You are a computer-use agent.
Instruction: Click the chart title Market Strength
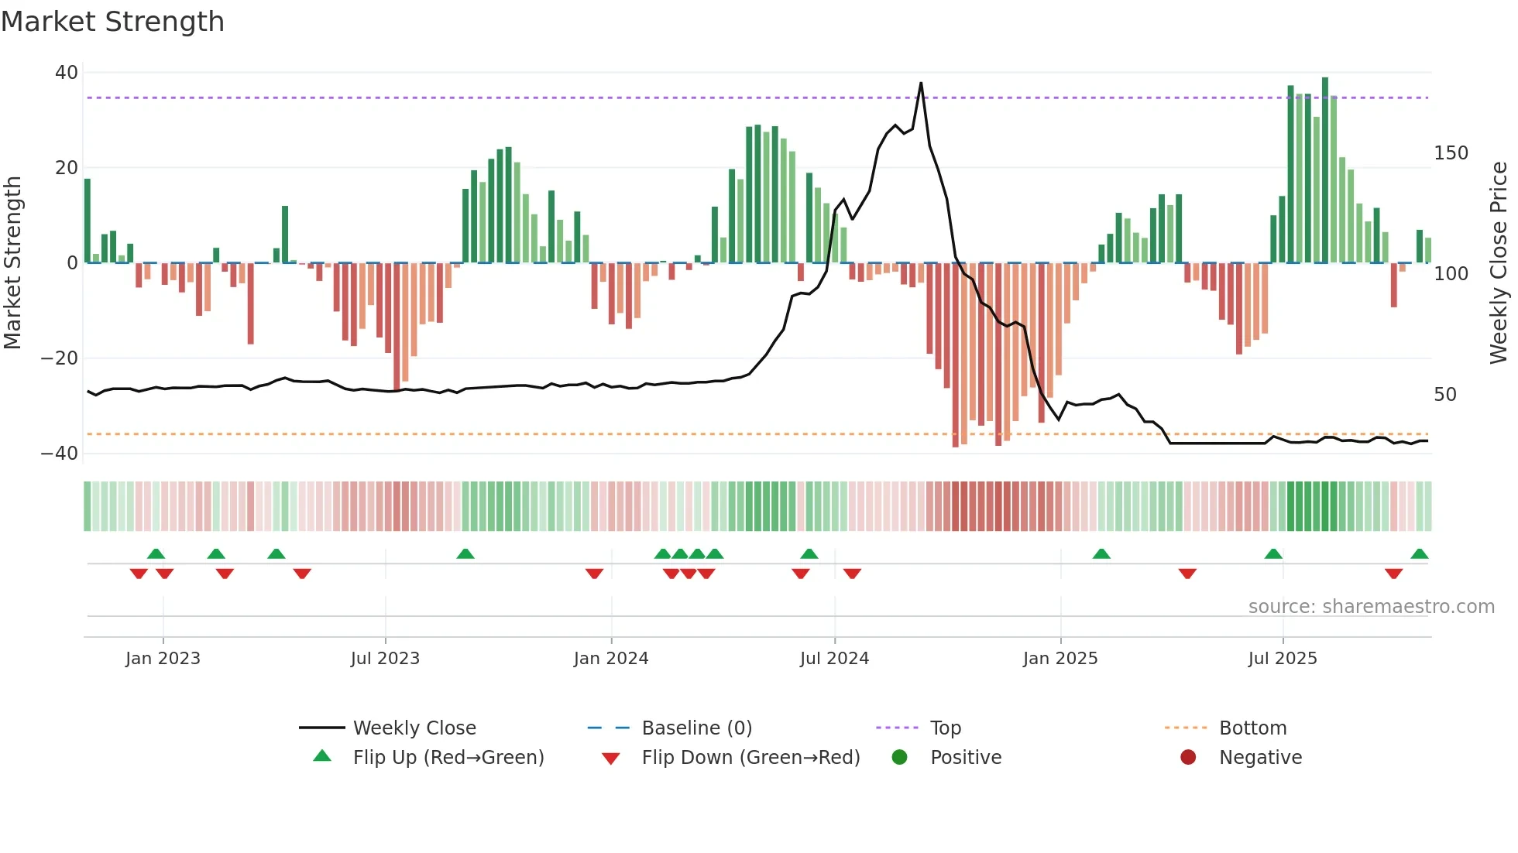tap(113, 22)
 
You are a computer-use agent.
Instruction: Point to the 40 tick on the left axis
tap(67, 73)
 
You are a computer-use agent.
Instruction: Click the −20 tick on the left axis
tap(60, 358)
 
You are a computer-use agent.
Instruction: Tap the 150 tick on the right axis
tap(1451, 153)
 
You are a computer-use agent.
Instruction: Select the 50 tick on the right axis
tap(1445, 395)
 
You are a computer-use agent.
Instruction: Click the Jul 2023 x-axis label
tap(385, 659)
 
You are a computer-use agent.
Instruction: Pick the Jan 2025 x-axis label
tap(1060, 659)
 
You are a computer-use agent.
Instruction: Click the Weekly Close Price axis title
tap(1499, 262)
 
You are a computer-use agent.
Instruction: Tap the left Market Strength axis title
tap(13, 262)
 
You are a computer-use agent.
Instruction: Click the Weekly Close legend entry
tap(414, 728)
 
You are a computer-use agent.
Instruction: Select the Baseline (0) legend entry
tap(696, 728)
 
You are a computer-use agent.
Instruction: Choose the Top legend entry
tap(945, 728)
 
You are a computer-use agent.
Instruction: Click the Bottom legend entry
tap(1252, 728)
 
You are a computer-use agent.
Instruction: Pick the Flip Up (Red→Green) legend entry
tap(448, 758)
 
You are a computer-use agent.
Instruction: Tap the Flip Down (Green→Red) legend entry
tap(750, 758)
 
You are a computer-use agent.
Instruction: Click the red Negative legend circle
tap(1188, 758)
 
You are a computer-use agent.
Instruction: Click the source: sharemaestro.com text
tap(1371, 607)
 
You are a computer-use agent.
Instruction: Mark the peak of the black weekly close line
tap(921, 83)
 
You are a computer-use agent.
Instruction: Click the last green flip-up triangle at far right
tap(1419, 554)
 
